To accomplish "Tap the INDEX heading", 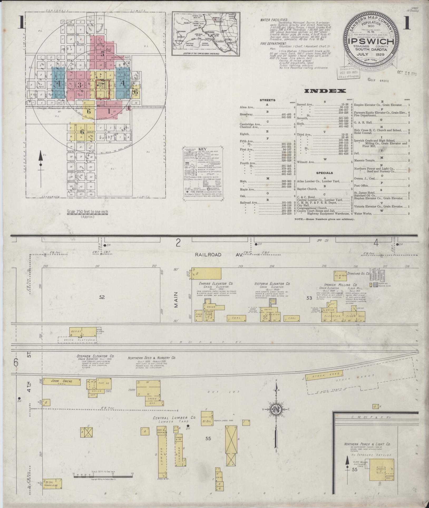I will pyautogui.click(x=325, y=91).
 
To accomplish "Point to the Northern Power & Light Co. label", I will pyautogui.click(x=367, y=444).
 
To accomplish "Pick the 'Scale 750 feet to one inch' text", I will pyautogui.click(x=87, y=212).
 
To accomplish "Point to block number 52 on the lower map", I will pyautogui.click(x=102, y=297).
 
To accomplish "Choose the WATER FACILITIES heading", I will pyautogui.click(x=274, y=20).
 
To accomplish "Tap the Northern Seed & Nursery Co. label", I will pyautogui.click(x=152, y=358).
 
